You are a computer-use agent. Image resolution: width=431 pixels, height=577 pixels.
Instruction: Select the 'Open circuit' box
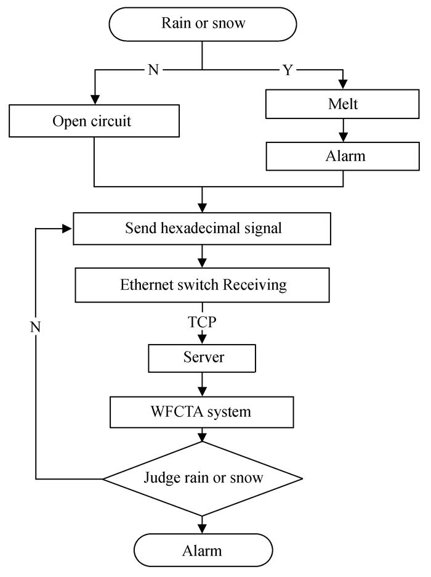point(94,120)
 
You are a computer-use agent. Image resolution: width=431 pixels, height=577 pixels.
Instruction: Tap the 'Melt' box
point(343,104)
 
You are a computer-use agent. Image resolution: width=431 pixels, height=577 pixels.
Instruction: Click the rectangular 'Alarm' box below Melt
point(343,155)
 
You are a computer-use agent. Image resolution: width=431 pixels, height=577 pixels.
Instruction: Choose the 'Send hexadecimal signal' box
point(203,228)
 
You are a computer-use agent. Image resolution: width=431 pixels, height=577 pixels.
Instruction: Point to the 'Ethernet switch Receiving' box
point(203,285)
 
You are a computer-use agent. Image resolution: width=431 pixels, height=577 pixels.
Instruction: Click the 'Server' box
point(202,357)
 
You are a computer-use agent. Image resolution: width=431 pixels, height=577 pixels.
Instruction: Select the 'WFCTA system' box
point(202,411)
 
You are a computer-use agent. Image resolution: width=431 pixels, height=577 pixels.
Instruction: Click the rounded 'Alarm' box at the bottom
point(202,549)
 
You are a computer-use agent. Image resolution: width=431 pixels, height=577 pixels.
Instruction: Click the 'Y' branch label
point(288,70)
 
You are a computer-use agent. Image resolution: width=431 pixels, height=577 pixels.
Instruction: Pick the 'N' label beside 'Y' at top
point(153,70)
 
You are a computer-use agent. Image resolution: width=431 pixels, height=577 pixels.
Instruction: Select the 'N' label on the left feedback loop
point(36,325)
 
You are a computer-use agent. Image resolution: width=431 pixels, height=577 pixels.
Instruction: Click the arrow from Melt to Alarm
point(343,131)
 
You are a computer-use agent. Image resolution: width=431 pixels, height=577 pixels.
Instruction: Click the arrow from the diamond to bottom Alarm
point(202,524)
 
